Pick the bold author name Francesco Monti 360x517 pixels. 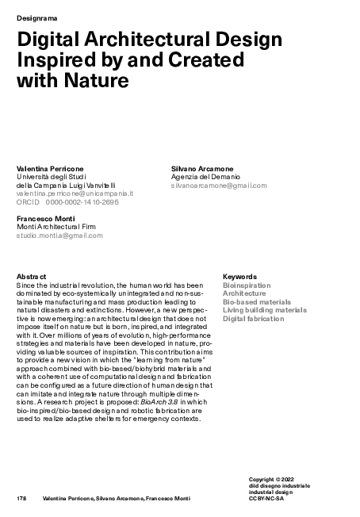tap(47, 218)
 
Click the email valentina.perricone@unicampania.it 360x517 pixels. tap(75, 193)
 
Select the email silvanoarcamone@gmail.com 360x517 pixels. tap(219, 185)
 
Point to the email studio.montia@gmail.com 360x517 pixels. tap(59, 235)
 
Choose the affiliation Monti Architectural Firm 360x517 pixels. tap(59, 226)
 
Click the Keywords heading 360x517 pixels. tap(239, 276)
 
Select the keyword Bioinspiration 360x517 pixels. tap(247, 285)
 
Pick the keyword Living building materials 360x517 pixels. tap(264, 310)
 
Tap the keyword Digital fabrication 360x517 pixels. tap(253, 319)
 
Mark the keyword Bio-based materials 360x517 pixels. tap(257, 301)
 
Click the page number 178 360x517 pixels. tap(22, 497)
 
